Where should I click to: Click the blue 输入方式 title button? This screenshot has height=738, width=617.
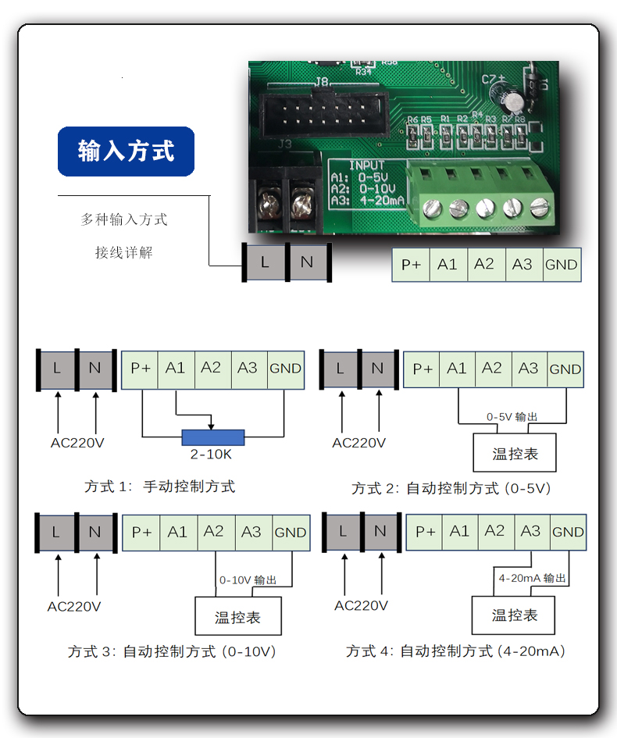(x=126, y=151)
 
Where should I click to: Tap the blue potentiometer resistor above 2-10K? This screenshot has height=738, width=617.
(x=212, y=437)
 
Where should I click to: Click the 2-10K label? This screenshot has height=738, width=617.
(x=212, y=454)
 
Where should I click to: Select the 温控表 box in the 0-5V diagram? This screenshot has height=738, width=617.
(x=515, y=453)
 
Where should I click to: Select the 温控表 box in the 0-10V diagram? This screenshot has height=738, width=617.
(x=237, y=617)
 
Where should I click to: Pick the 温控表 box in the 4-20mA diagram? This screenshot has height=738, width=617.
(x=514, y=615)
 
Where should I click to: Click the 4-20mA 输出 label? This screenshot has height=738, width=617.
(x=532, y=579)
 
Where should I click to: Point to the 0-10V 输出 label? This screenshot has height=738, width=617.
(x=248, y=580)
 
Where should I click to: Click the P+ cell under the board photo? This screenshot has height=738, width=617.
(x=411, y=265)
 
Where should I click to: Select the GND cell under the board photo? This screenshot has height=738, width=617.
(x=562, y=265)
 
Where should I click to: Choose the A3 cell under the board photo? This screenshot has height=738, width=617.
(x=522, y=265)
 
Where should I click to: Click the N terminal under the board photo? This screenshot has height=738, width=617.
(x=307, y=262)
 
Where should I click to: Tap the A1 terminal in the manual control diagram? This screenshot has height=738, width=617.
(x=176, y=368)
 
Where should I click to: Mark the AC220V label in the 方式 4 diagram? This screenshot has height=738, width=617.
(x=361, y=605)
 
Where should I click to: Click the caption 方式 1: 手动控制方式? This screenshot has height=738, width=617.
(x=159, y=487)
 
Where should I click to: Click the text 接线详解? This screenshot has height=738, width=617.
(x=124, y=252)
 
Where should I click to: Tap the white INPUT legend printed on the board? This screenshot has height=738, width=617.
(x=367, y=183)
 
